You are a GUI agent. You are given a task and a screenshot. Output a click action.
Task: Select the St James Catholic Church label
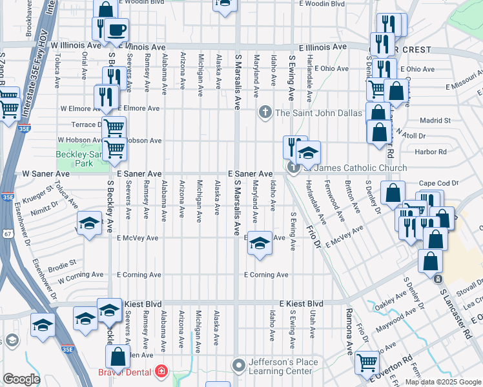click(356, 168)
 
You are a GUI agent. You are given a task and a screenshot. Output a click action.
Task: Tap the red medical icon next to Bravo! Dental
click(159, 372)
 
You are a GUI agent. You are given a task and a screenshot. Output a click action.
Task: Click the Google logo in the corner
click(21, 379)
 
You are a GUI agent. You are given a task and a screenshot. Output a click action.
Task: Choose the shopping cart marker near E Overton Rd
click(367, 362)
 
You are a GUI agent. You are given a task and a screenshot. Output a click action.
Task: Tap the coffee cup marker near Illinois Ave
click(117, 30)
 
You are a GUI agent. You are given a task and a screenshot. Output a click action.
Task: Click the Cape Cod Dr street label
click(438, 183)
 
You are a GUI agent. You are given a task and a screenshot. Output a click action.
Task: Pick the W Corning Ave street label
click(81, 277)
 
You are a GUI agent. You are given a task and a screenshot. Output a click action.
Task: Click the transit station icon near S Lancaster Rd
click(438, 279)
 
